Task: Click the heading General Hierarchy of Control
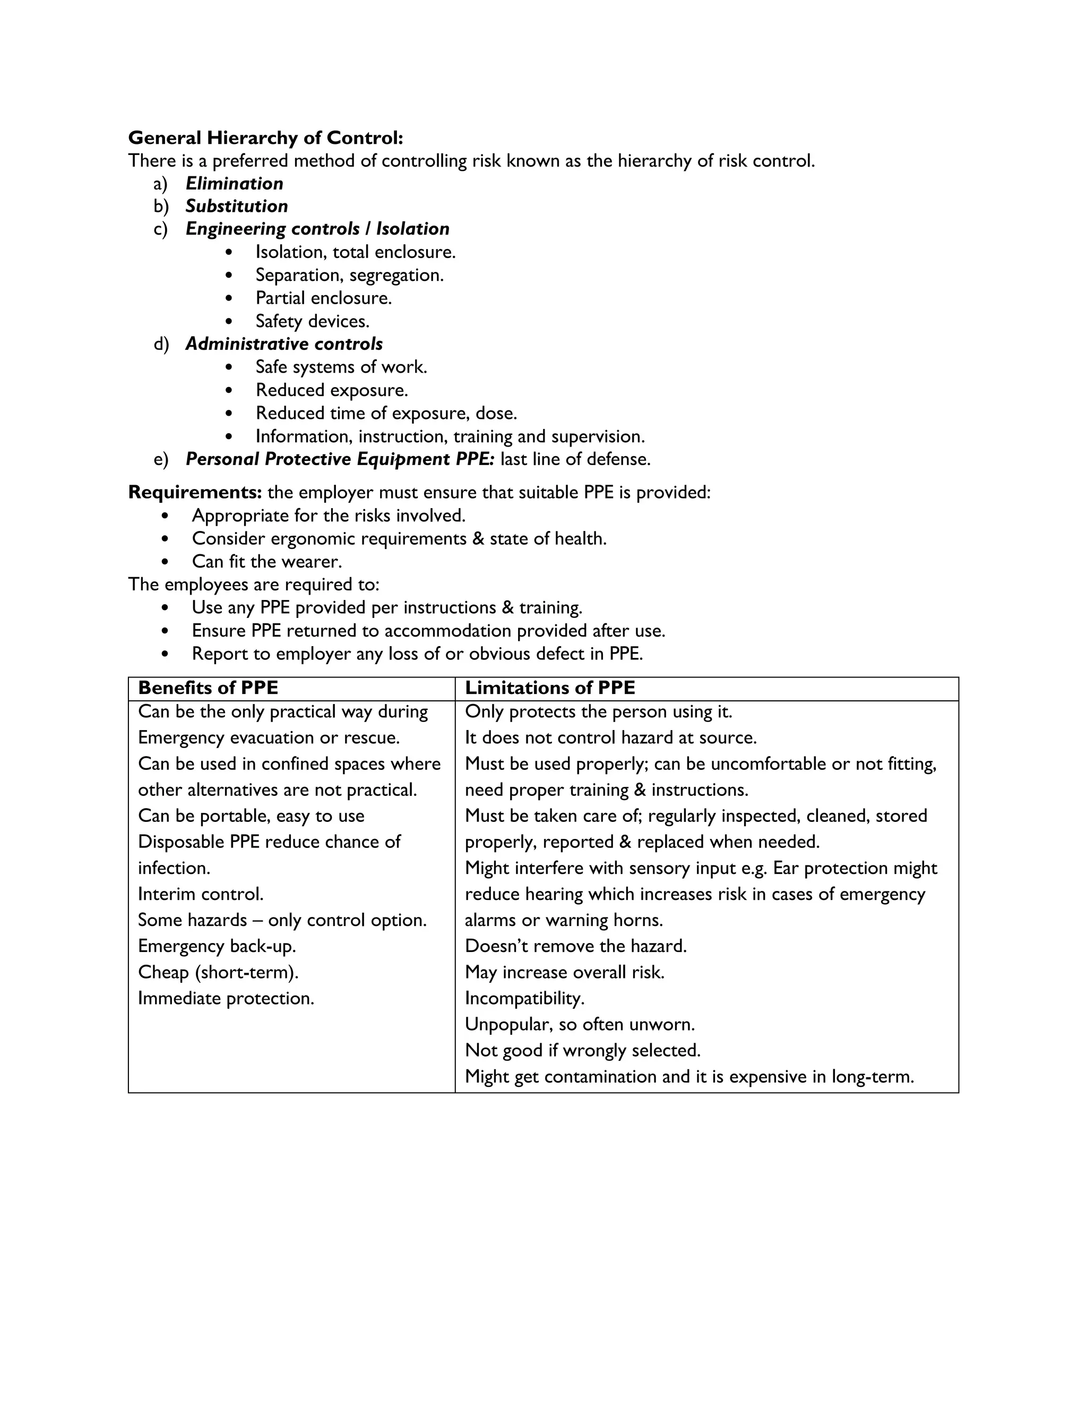(265, 138)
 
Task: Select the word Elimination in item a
(235, 184)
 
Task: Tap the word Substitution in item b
(236, 206)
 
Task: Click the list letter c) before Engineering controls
(160, 229)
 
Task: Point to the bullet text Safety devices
(312, 321)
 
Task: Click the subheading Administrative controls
(284, 344)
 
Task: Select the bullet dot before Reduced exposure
(230, 390)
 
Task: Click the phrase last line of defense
(575, 459)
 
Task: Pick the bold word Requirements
(194, 492)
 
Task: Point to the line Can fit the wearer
(266, 562)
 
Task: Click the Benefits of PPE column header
(208, 688)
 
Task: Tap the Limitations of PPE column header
(549, 688)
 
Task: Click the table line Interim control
(200, 894)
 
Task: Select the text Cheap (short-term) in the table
(218, 972)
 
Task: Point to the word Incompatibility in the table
(524, 999)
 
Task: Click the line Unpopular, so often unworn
(580, 1024)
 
